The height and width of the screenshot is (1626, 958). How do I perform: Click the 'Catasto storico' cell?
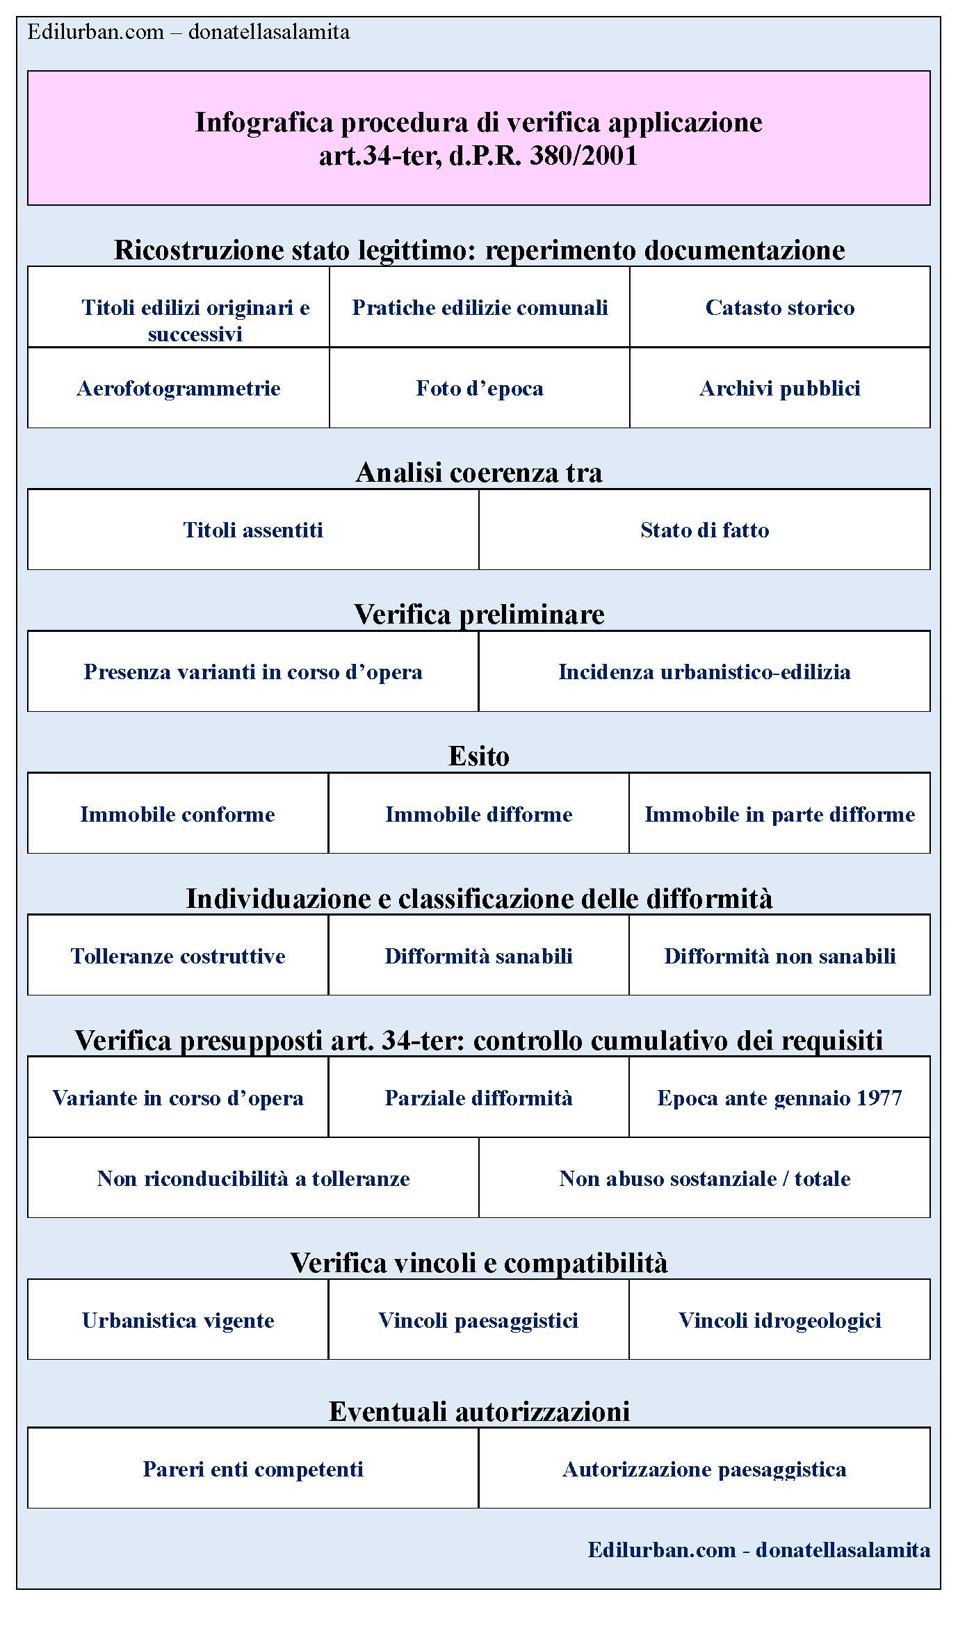(779, 307)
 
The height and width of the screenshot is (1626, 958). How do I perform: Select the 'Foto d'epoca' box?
(479, 388)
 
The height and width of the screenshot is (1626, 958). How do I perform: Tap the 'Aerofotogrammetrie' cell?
(179, 388)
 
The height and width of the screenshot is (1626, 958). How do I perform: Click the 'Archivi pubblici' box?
(779, 388)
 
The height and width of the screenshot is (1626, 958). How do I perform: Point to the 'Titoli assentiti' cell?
(253, 530)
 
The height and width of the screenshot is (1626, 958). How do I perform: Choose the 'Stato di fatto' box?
(704, 530)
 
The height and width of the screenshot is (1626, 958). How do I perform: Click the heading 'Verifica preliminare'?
(479, 614)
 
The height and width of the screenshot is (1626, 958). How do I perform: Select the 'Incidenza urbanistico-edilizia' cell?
(704, 672)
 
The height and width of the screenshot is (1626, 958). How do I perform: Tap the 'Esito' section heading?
(479, 756)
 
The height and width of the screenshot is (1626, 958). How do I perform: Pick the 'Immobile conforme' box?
(178, 814)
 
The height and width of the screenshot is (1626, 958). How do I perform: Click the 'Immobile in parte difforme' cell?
(779, 814)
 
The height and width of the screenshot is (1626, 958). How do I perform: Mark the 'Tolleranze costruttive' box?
(178, 956)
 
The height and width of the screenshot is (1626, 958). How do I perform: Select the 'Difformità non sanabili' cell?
(779, 956)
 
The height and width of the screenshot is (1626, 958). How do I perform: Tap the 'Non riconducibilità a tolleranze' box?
(253, 1178)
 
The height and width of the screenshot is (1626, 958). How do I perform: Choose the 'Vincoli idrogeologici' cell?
(779, 1320)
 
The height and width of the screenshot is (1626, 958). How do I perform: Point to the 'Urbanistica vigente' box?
(178, 1320)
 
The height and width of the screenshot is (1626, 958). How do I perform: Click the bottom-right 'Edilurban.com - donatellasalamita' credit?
(758, 1550)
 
